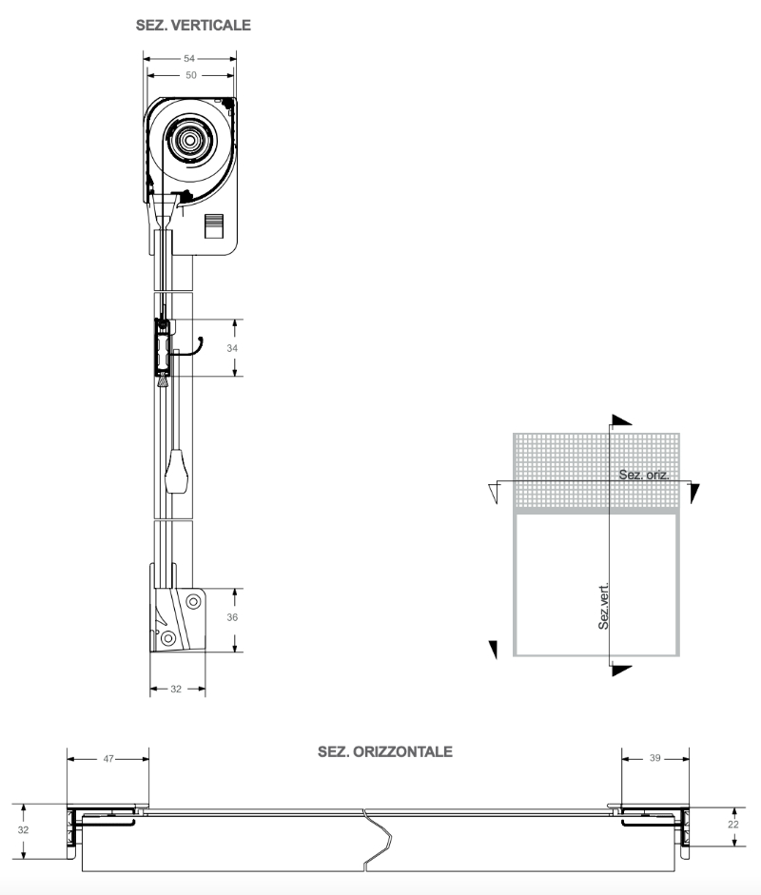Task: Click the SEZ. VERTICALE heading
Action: pos(193,25)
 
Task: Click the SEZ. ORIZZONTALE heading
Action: pos(385,751)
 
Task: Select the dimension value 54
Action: pos(189,58)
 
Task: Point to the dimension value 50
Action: pos(190,75)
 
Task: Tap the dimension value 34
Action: pos(232,347)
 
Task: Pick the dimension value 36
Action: pos(232,617)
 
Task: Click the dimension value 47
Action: pos(108,759)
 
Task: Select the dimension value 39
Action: pos(654,758)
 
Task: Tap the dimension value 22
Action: pos(733,825)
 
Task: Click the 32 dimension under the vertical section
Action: pos(176,689)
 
